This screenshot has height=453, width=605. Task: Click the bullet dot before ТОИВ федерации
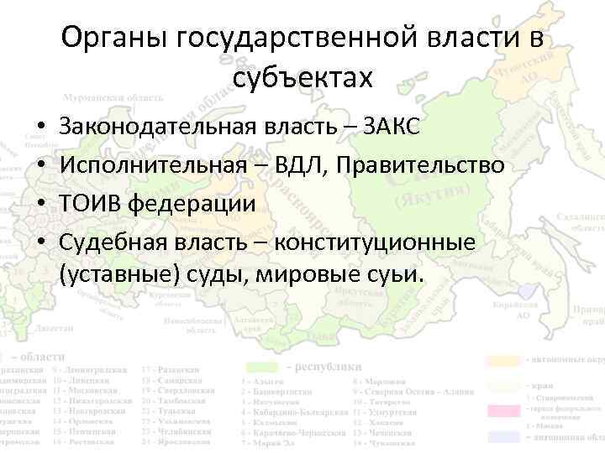[40, 204]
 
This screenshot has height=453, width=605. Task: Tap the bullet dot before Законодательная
[40, 128]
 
